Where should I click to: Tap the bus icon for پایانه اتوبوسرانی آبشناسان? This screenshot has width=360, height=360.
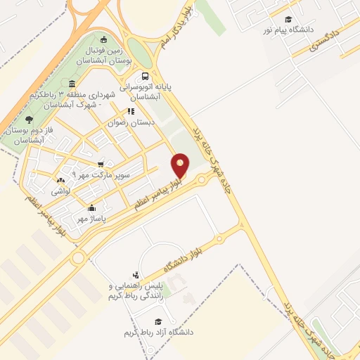pyautogui.click(x=145, y=76)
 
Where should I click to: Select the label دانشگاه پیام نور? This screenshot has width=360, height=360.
pyautogui.click(x=287, y=30)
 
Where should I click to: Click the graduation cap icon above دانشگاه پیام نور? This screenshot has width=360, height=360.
pyautogui.click(x=288, y=19)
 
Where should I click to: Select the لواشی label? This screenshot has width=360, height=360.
pyautogui.click(x=59, y=191)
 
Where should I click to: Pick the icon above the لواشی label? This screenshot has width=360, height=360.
pyautogui.click(x=59, y=180)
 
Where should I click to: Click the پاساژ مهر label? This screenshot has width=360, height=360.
pyautogui.click(x=91, y=219)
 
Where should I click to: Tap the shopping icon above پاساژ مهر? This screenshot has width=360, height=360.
pyautogui.click(x=91, y=207)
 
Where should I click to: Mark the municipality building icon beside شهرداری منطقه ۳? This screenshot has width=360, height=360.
pyautogui.click(x=73, y=84)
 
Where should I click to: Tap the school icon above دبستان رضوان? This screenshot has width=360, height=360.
pyautogui.click(x=130, y=111)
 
